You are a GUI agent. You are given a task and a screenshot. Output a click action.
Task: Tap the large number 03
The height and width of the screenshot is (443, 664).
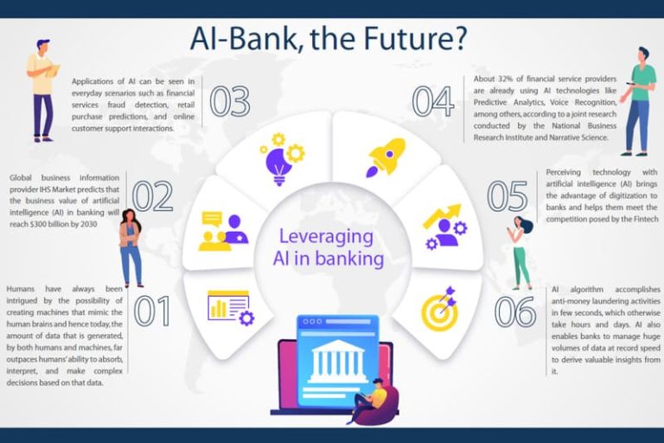(x=230, y=102)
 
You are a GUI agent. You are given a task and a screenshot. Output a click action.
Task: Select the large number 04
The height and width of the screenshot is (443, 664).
(x=433, y=102)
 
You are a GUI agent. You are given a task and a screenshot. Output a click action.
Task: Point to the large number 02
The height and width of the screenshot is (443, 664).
(x=152, y=196)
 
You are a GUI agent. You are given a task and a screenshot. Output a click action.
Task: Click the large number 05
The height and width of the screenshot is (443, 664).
(x=508, y=196)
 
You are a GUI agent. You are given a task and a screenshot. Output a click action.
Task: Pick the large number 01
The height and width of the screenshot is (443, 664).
(x=152, y=311)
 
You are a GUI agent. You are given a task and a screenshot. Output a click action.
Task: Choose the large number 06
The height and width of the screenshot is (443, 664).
(x=515, y=311)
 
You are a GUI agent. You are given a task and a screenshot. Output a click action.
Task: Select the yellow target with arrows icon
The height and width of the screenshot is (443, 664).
(x=440, y=309)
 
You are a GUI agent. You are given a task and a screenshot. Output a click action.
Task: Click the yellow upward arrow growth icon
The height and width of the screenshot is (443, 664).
(x=442, y=215)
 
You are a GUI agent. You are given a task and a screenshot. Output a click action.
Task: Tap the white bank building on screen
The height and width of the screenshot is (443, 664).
(x=337, y=361)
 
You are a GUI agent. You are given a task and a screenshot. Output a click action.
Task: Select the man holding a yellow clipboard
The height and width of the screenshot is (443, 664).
(x=41, y=91)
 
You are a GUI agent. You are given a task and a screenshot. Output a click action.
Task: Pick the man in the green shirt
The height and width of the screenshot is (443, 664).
(x=637, y=101)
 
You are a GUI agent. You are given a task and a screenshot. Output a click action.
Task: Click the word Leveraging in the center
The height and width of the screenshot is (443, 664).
(x=326, y=237)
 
